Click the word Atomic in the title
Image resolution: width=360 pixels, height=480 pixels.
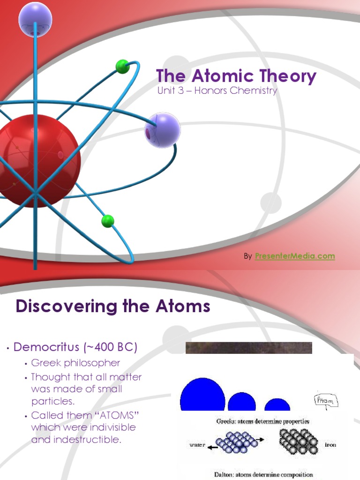click(x=220, y=76)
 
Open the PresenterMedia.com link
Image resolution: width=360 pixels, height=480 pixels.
click(x=295, y=256)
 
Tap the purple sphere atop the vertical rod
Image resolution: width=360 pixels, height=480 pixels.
click(x=35, y=19)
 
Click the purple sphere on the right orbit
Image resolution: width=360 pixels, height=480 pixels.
click(x=162, y=130)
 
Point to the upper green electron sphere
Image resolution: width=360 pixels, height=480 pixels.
click(x=122, y=67)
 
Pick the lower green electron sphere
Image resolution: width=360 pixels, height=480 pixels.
click(x=108, y=221)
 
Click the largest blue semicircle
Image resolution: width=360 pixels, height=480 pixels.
click(x=202, y=396)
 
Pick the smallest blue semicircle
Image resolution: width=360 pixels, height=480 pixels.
click(x=277, y=405)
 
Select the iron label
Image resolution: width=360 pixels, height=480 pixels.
click(x=330, y=444)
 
